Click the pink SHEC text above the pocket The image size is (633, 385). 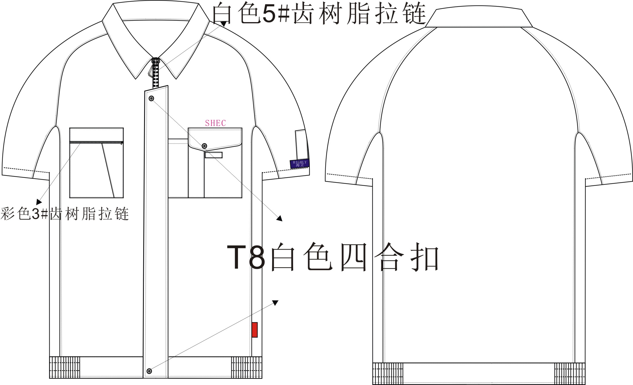(215, 123)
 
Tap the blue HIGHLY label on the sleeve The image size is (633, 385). (299, 164)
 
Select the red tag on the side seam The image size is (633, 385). (254, 330)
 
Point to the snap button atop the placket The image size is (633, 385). (152, 99)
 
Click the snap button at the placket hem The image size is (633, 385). (149, 371)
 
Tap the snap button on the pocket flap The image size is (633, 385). (204, 146)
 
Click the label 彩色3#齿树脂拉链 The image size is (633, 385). (65, 214)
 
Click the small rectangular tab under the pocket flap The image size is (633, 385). (213, 155)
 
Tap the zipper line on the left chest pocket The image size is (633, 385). (96, 142)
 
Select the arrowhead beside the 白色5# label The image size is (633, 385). (223, 23)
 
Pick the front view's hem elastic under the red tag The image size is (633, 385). (247, 367)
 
